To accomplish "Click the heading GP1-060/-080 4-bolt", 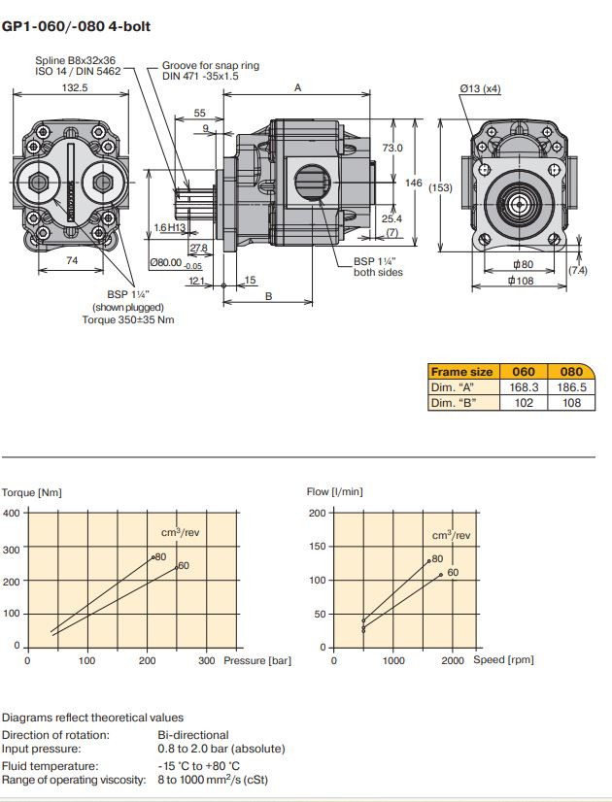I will tap(77, 26).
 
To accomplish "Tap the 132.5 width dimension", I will tap(74, 86).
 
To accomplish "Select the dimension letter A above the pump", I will tap(298, 87).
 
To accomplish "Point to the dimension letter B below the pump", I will tap(268, 296).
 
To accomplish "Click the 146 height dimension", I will tap(413, 182).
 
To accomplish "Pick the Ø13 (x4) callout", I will tap(482, 88).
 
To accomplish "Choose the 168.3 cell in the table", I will tap(524, 386).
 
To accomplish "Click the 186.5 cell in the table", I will tap(572, 386).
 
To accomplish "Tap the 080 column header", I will tap(572, 371).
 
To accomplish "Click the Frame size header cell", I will tap(463, 371).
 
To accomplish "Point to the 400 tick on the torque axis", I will tap(10, 513).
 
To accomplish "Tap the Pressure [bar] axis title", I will tap(256, 661).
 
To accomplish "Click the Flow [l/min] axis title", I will tap(334, 492).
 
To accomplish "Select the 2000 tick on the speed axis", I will tap(453, 661).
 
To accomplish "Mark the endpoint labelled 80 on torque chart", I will tap(153, 557).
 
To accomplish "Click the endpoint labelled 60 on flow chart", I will tap(440, 575).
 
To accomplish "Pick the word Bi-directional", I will tap(193, 735).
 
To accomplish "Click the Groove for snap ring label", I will tap(210, 66).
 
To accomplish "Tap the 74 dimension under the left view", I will tap(72, 260).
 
